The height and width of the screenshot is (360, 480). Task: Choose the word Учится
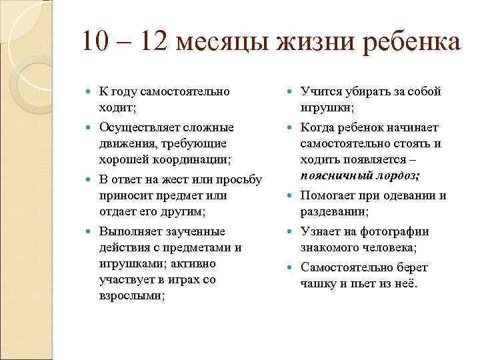click(321, 91)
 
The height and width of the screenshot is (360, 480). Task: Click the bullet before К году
click(91, 91)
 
